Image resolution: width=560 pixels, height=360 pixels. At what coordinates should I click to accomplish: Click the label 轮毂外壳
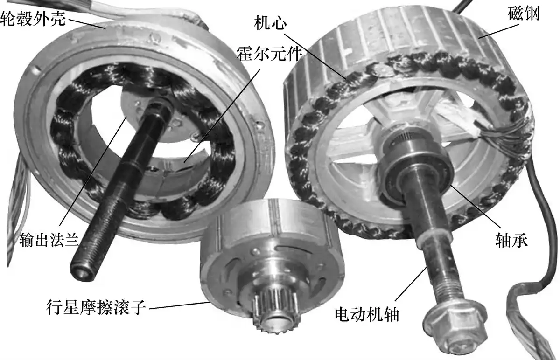(x=33, y=18)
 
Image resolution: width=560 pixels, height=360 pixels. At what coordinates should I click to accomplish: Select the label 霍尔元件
(x=269, y=54)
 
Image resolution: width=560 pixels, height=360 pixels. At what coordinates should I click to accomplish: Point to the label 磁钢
(x=524, y=14)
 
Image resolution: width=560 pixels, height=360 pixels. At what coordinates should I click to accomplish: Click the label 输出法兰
(x=49, y=240)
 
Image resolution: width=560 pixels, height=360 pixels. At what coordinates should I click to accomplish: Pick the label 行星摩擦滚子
(x=96, y=307)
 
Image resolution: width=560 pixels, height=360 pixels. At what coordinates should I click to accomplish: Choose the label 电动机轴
(x=367, y=314)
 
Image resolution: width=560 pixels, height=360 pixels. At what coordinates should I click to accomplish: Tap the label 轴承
(x=511, y=241)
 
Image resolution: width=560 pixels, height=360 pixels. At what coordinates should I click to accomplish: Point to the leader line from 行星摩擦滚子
(x=180, y=305)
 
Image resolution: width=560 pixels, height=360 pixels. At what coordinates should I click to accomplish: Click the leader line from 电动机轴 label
(x=411, y=284)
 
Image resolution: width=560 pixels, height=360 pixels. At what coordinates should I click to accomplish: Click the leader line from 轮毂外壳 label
(x=86, y=23)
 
